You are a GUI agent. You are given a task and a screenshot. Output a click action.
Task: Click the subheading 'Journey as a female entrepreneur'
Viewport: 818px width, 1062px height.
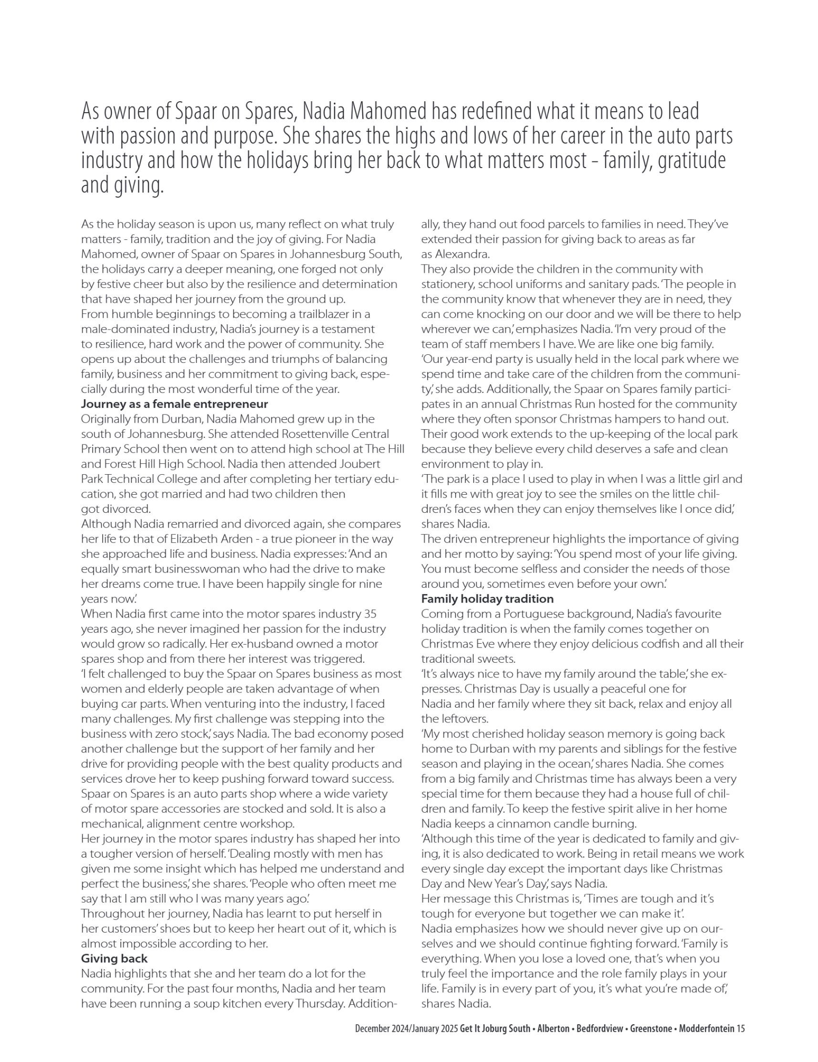pos(174,404)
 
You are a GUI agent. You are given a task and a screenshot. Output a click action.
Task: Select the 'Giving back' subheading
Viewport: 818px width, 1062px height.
pos(114,958)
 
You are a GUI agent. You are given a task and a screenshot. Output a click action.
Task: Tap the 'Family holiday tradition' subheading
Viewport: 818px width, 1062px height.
pos(487,599)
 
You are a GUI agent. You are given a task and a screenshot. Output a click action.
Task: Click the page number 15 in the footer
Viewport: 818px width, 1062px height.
pos(740,1029)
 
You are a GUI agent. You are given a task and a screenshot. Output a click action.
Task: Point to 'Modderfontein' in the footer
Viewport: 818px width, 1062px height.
pos(706,1029)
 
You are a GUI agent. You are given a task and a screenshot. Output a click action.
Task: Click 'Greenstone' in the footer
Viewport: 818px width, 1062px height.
pos(651,1029)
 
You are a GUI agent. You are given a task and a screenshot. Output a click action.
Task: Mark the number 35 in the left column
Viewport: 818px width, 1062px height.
pos(370,614)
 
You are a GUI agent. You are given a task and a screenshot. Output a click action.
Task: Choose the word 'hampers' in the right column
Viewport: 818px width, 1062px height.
pos(657,419)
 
